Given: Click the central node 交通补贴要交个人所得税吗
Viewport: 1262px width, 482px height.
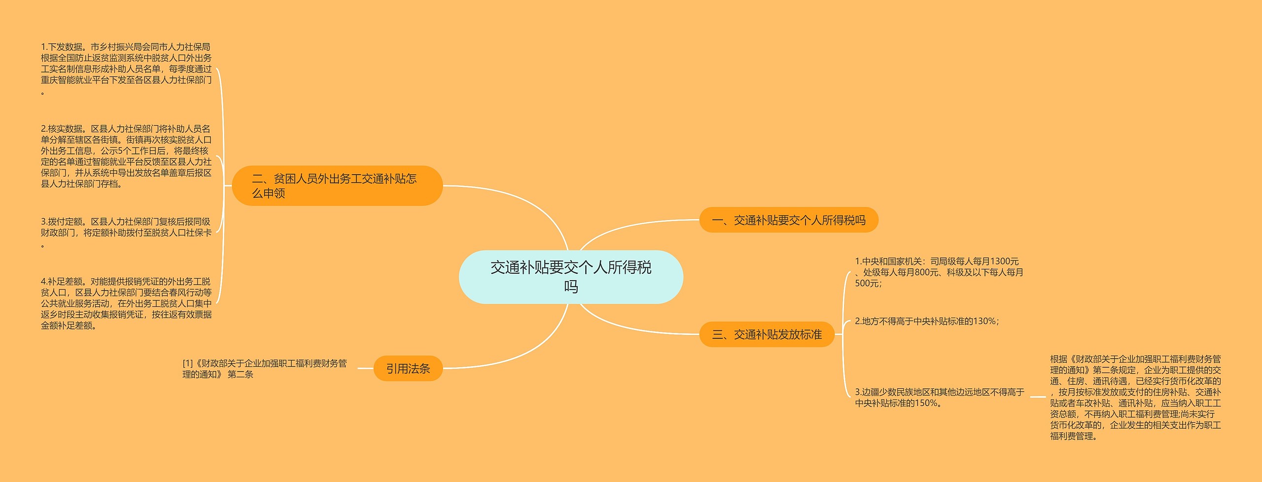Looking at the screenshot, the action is click(570, 277).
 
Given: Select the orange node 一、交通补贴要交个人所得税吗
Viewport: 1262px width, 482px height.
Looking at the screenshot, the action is click(788, 220).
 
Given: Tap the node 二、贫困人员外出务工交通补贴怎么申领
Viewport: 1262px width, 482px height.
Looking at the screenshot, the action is click(337, 186).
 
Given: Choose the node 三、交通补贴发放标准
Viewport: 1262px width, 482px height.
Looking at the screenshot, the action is click(767, 334).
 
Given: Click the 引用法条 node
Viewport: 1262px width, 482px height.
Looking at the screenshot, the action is click(408, 369).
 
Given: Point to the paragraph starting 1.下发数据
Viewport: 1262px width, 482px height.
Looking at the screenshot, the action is click(126, 69).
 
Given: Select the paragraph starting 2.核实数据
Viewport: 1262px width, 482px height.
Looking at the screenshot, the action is click(126, 156).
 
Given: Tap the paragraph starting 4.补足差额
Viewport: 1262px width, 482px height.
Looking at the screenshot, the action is click(126, 303).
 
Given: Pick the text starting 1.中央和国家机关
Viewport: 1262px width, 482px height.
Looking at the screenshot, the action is click(939, 272).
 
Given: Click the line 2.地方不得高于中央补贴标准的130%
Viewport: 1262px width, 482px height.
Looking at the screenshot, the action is click(927, 321).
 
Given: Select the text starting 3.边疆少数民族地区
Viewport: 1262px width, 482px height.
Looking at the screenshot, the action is click(939, 397).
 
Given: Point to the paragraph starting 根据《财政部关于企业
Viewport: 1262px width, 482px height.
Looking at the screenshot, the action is click(1135, 397).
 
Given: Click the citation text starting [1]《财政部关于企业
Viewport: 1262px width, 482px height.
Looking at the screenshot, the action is click(265, 369).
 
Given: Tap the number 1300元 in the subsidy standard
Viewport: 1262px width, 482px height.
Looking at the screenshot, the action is click(1004, 261).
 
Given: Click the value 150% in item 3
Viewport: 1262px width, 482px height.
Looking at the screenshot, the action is click(926, 403).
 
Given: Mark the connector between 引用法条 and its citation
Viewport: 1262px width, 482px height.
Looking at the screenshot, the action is click(365, 369).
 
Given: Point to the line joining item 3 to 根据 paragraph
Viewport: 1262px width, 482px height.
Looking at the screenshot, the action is click(1038, 397).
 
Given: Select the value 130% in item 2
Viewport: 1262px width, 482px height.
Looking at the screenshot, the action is click(984, 321).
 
